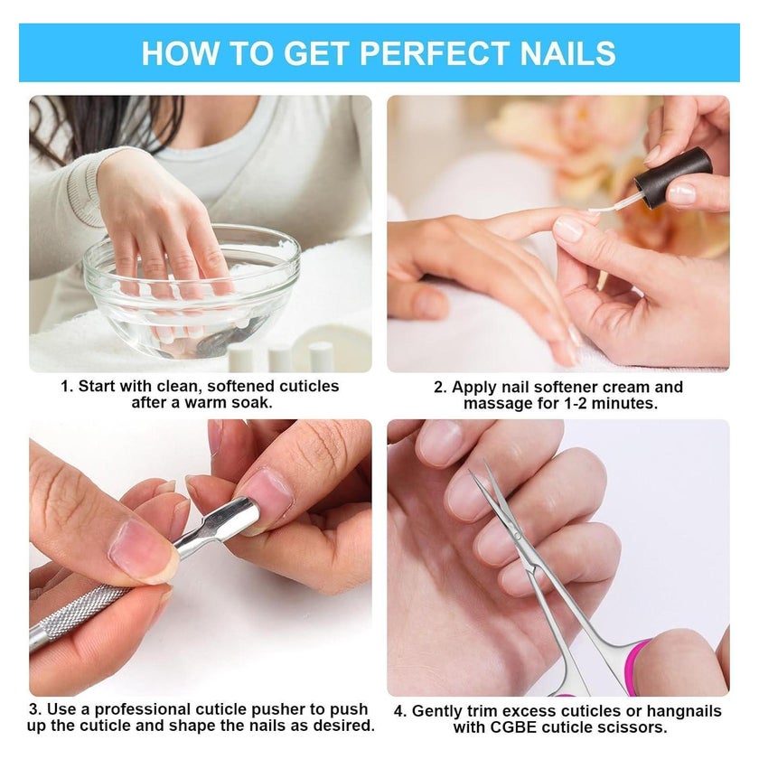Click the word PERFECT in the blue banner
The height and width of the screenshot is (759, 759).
click(434, 52)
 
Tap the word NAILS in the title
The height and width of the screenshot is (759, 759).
click(567, 52)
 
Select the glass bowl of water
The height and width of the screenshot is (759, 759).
click(192, 290)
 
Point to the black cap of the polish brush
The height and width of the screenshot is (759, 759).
click(673, 178)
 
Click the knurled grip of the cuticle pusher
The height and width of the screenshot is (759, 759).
click(80, 611)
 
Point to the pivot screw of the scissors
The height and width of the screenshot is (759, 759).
click(517, 535)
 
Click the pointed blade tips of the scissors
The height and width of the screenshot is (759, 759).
click(477, 467)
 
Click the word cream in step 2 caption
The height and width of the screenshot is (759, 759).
click(625, 388)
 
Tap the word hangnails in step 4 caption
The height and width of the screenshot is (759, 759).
click(685, 711)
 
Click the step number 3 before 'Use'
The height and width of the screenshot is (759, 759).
click(33, 709)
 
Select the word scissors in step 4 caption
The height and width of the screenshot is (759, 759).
click(628, 727)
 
